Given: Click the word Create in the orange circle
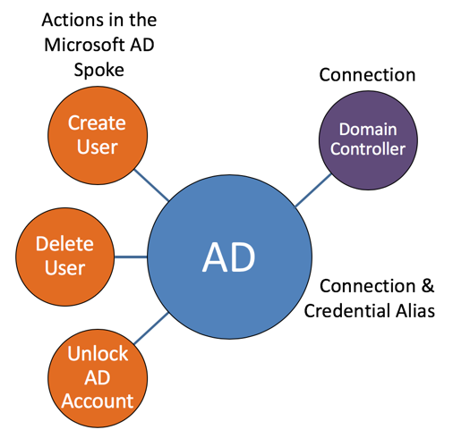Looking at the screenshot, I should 97,122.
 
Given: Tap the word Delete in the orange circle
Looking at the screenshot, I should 65,243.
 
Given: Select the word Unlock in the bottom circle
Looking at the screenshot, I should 98,353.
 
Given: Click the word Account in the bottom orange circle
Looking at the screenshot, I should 98,401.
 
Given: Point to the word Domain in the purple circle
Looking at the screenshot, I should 368,131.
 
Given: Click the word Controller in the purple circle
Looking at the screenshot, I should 368,149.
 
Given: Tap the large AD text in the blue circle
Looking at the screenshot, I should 228,257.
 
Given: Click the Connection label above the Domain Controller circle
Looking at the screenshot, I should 367,75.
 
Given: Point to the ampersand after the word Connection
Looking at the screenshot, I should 426,287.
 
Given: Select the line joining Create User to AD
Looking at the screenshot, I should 155,185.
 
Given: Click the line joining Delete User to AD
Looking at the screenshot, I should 131,256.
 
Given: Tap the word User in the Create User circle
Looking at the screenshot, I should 97,146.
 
